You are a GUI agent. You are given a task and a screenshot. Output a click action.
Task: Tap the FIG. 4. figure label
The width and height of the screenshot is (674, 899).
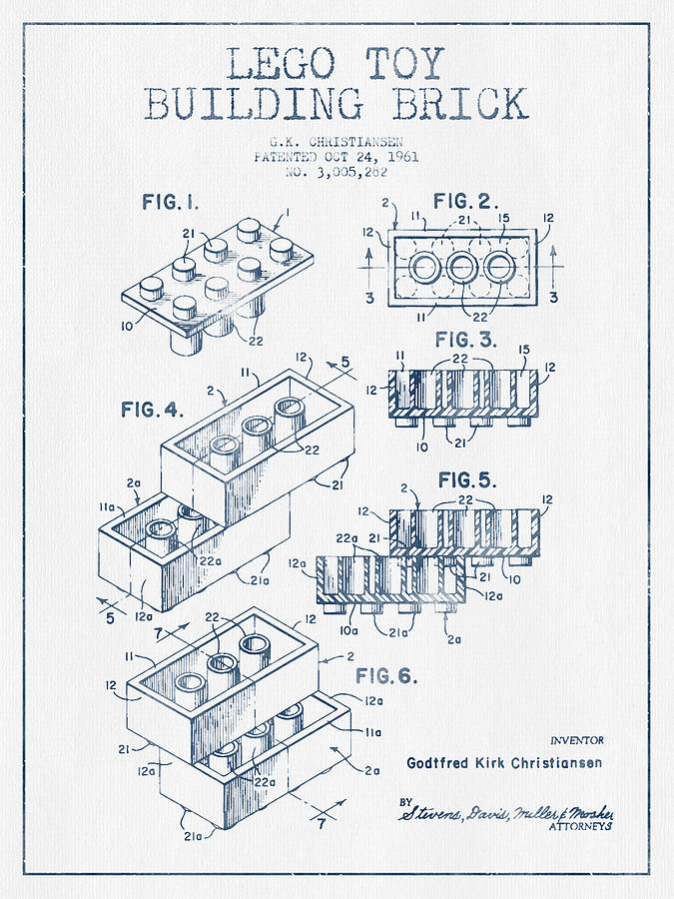[x=155, y=409]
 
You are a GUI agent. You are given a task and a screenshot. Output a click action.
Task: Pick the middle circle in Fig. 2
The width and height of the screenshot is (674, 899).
[x=462, y=268]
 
